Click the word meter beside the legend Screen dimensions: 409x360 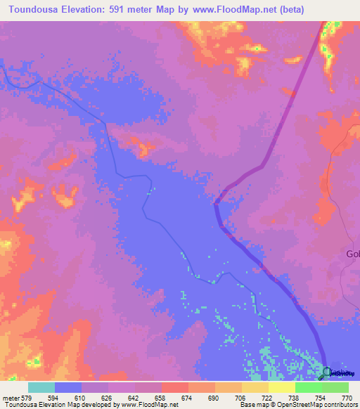click(x=13, y=397)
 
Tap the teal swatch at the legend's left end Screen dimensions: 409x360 click(x=41, y=387)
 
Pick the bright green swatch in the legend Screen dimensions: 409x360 click(x=308, y=387)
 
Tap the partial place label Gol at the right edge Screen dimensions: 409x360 click(x=352, y=254)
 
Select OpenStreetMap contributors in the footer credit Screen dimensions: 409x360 click(x=319, y=405)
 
